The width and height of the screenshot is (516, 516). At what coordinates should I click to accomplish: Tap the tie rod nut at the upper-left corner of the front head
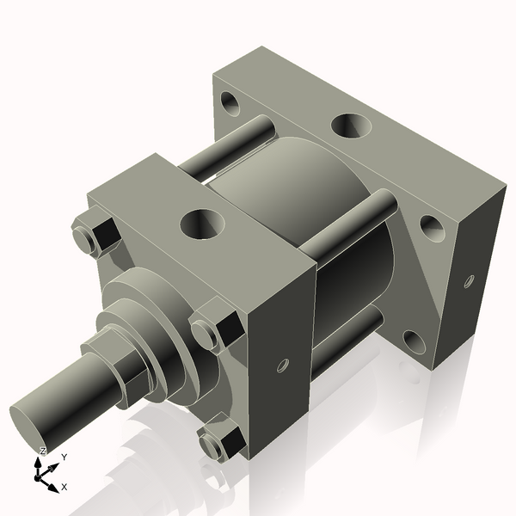pyautogui.click(x=93, y=236)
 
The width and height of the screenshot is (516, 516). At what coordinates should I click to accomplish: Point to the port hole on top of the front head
pyautogui.click(x=203, y=225)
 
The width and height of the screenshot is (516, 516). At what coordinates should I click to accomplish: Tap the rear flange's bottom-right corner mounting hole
pyautogui.click(x=415, y=344)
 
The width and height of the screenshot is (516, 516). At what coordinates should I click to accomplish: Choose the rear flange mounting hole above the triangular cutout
pyautogui.click(x=431, y=228)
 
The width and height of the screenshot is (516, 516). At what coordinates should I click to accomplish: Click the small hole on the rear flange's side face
pyautogui.click(x=469, y=280)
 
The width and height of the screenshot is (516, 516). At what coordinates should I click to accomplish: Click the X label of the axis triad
pyautogui.click(x=64, y=487)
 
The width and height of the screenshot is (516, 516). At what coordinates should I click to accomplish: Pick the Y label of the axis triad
pyautogui.click(x=64, y=458)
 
